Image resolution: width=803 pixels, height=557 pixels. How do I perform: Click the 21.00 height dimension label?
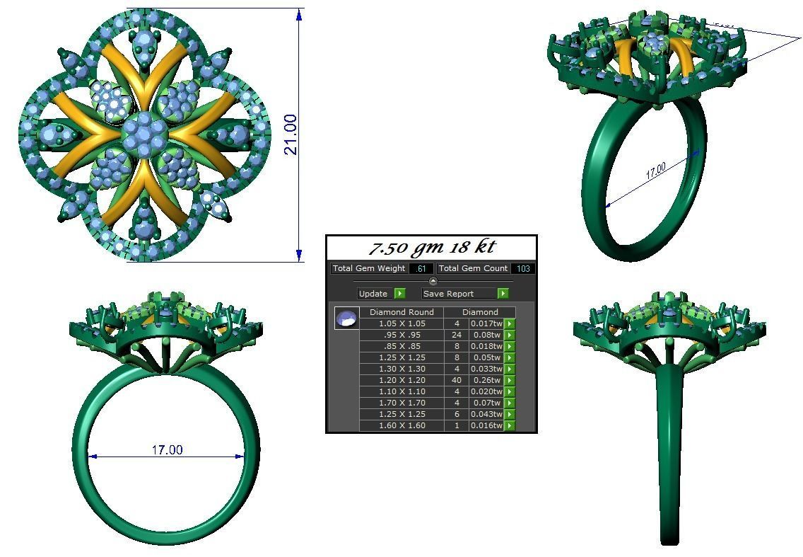click(291, 134)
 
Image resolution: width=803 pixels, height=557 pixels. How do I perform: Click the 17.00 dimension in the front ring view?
click(167, 449)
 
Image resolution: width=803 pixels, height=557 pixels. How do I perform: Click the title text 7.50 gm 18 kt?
click(432, 248)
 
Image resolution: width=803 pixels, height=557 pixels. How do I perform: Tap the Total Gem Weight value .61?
click(421, 269)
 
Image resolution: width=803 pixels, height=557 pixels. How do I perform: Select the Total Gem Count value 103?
click(522, 269)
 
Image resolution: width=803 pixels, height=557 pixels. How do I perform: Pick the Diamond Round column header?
click(401, 312)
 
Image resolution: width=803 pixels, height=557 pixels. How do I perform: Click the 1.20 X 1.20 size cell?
click(401, 380)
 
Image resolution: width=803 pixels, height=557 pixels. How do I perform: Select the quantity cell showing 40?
click(457, 380)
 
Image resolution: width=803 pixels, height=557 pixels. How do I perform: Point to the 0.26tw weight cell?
click(486, 380)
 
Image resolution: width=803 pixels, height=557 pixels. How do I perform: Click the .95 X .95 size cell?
click(401, 335)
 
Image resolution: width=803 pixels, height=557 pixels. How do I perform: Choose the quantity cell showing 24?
click(457, 335)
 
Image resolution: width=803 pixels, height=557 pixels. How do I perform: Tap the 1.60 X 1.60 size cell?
click(401, 425)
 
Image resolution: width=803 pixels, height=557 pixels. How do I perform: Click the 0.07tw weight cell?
click(486, 403)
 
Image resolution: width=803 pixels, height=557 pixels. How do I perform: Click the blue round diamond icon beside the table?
click(346, 318)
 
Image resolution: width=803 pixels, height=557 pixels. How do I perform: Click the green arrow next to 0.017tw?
click(509, 323)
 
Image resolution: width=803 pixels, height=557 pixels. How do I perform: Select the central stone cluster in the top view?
click(145, 132)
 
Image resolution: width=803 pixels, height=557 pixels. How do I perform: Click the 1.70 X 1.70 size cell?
click(401, 403)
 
